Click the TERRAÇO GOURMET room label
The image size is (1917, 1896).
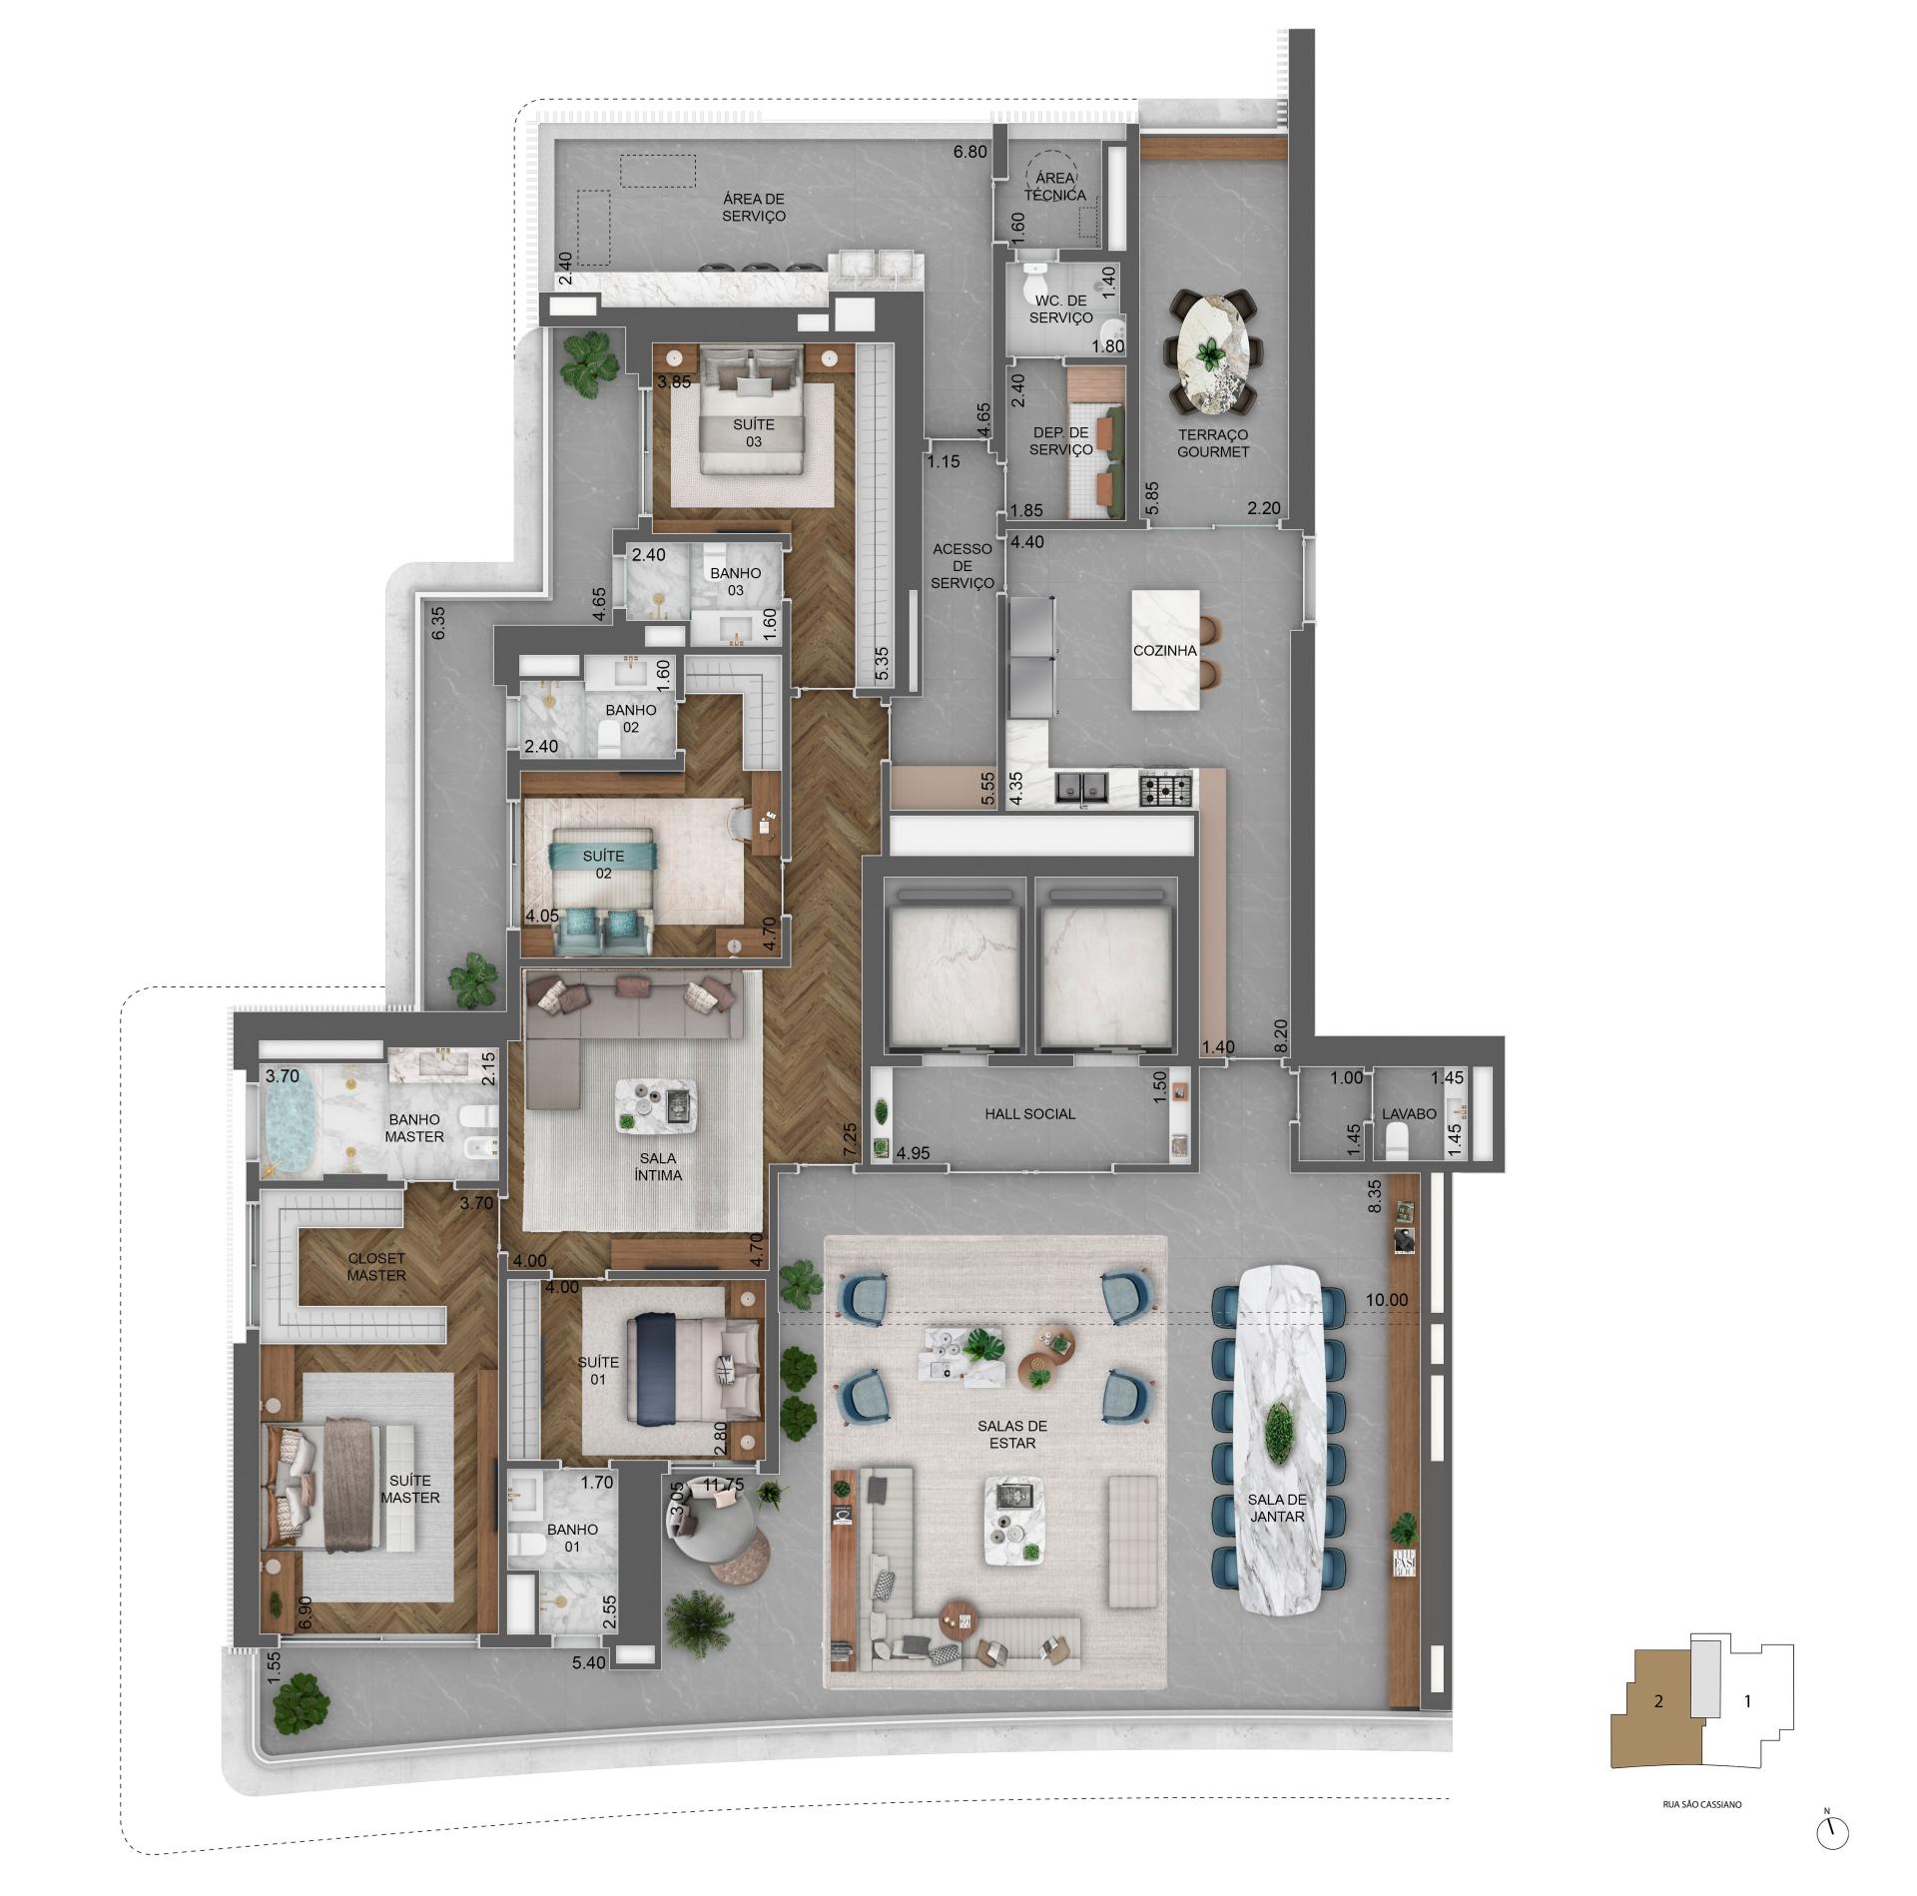point(1212,443)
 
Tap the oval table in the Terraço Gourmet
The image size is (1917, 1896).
point(1212,350)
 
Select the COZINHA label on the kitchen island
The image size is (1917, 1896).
point(1164,651)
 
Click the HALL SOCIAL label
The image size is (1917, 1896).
point(1029,1113)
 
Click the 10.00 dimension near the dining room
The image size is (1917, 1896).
point(1387,1300)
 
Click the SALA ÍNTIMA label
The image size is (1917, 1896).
point(658,1166)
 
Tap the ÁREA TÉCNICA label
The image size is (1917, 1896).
point(1054,187)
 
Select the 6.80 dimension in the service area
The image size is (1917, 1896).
point(969,153)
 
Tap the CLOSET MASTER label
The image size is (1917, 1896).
point(376,1267)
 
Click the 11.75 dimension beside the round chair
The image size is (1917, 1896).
point(723,1485)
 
